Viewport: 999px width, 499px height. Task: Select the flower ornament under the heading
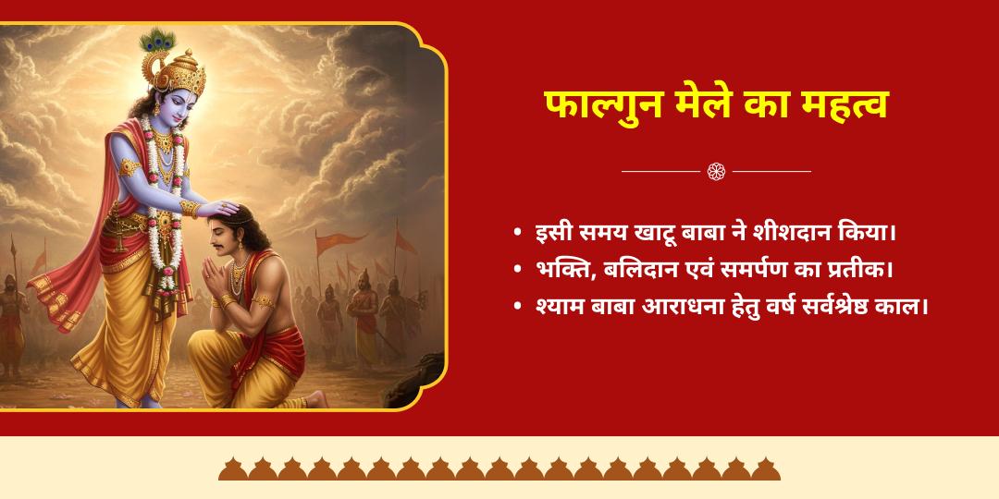[x=716, y=171]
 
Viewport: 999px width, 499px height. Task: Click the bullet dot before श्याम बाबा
[x=517, y=307]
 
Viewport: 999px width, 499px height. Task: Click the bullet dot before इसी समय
[x=517, y=233]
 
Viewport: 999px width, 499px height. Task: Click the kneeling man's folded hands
[x=212, y=277]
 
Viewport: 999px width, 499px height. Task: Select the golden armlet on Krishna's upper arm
[x=129, y=167]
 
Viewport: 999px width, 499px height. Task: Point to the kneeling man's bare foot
[x=314, y=399]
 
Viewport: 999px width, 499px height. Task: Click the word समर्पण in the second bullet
[x=756, y=270]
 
